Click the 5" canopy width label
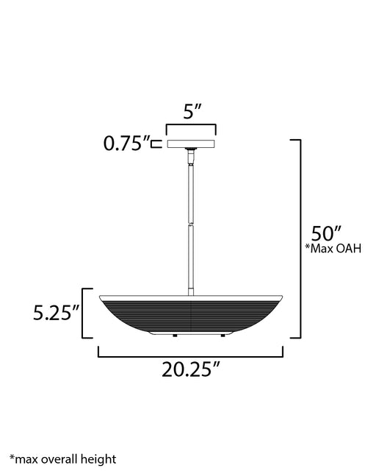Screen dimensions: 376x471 (192, 111)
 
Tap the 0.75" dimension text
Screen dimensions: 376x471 (126, 144)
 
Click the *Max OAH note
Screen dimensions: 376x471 (333, 249)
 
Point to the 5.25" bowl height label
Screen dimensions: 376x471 (57, 313)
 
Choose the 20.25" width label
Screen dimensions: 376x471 (191, 369)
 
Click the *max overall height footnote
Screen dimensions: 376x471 (62, 459)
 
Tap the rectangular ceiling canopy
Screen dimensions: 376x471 (191, 144)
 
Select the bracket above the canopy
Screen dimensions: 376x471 (191, 124)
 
